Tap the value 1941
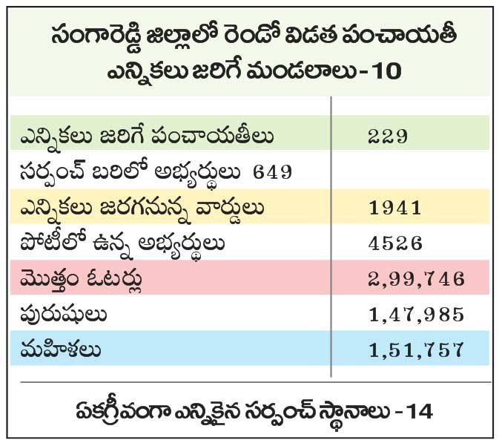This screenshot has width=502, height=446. pyautogui.click(x=394, y=208)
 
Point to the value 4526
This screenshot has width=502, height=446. pyautogui.click(x=394, y=243)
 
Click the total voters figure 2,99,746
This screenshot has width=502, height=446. pyautogui.click(x=416, y=278)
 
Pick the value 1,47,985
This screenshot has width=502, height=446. pyautogui.click(x=416, y=314)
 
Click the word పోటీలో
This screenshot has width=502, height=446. pyautogui.click(x=50, y=243)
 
